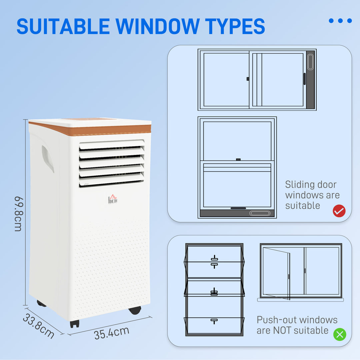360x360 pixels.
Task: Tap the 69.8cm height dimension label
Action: [18, 213]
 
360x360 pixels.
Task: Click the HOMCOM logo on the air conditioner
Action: [113, 200]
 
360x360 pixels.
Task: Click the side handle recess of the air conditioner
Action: [48, 158]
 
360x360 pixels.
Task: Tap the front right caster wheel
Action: [135, 310]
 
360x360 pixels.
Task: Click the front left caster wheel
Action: [75, 323]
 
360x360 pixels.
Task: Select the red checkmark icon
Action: [339, 211]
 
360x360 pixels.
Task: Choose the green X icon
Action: [340, 334]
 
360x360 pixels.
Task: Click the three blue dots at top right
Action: [340, 21]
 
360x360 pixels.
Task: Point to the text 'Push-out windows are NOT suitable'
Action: [297, 325]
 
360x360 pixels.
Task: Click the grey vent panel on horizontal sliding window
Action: [310, 80]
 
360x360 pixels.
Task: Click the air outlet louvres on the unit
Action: [112, 163]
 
